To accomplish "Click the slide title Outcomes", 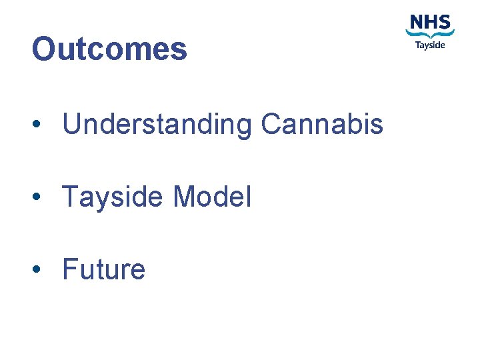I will click(x=109, y=49).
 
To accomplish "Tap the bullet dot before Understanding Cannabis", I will click(x=41, y=125).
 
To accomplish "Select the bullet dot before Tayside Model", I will click(x=41, y=197).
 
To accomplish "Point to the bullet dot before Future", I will click(x=41, y=270).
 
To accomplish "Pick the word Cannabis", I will click(x=322, y=124).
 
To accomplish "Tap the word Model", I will click(x=212, y=197).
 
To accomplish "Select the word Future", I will click(x=103, y=269).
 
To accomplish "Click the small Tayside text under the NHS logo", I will click(x=430, y=45).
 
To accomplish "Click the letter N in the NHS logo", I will click(x=416, y=22).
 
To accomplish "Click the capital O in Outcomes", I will click(x=44, y=49).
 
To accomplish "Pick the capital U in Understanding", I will click(x=72, y=124).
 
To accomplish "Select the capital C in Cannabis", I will click(x=272, y=124).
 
